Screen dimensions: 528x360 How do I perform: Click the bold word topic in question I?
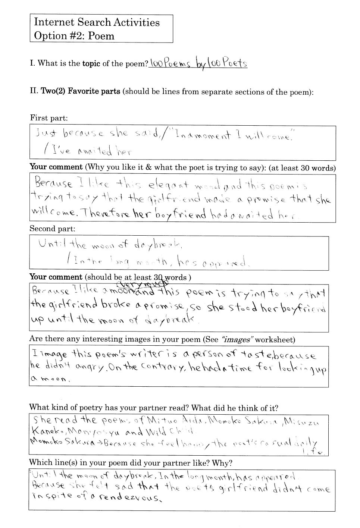91,63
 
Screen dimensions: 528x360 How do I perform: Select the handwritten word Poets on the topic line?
235,63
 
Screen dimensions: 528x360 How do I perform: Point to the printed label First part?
49,118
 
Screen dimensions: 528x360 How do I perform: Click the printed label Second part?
52,229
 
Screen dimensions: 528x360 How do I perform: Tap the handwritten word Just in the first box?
46,133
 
